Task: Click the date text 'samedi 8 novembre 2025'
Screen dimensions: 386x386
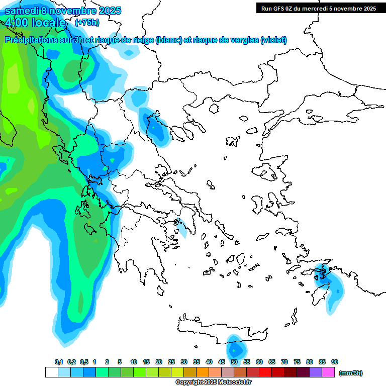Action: pos(63,11)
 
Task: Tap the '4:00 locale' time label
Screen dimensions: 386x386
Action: pos(35,23)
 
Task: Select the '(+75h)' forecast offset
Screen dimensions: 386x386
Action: pos(87,23)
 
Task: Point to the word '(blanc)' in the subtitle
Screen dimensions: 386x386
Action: pos(169,40)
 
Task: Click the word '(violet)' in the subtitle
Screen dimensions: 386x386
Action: pos(274,40)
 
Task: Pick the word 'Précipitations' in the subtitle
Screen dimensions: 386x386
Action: pos(30,40)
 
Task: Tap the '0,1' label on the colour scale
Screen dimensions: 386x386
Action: pos(58,362)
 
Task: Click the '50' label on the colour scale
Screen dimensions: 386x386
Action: pos(234,362)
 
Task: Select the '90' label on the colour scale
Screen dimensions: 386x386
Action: pos(335,362)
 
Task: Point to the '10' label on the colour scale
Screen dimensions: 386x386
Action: pos(134,362)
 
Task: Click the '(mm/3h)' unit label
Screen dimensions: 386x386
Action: pos(350,373)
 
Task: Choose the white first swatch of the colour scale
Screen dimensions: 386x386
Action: pos(51,372)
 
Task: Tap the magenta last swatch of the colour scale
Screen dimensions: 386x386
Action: pos(328,372)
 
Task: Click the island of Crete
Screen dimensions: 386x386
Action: pos(221,327)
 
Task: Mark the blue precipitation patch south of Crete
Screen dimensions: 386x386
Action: pos(235,348)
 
